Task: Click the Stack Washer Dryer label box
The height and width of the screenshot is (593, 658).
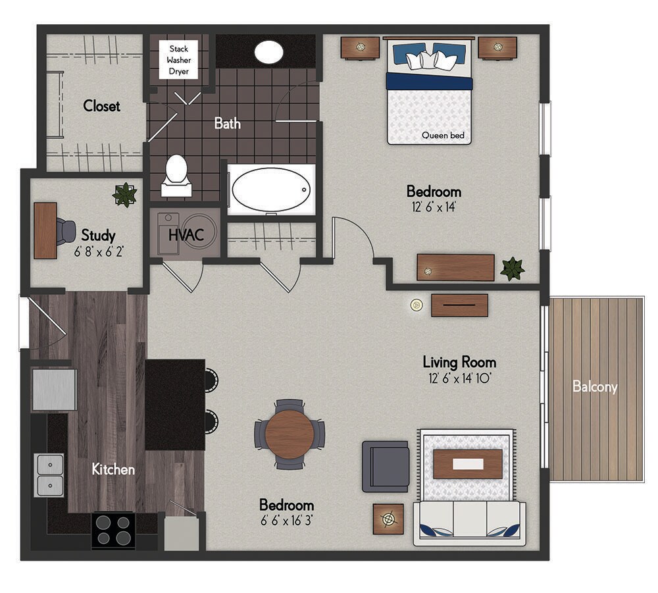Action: (x=178, y=60)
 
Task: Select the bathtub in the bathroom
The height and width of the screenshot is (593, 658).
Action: (x=270, y=189)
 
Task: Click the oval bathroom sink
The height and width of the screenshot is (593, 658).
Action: (x=268, y=52)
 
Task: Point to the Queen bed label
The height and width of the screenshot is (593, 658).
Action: (x=443, y=136)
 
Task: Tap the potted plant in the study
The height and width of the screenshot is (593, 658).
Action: (x=124, y=195)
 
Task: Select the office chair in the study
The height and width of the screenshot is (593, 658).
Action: (x=65, y=230)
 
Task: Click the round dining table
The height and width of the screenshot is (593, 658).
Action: (x=290, y=434)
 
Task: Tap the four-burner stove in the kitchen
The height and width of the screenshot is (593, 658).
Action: (x=113, y=530)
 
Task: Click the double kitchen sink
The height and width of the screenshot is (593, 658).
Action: (x=50, y=475)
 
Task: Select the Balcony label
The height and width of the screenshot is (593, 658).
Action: (x=594, y=386)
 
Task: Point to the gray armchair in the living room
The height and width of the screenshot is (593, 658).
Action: (x=386, y=466)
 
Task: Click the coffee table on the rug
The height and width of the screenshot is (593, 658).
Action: (x=467, y=464)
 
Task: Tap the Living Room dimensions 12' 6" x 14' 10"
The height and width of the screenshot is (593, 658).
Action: (x=459, y=378)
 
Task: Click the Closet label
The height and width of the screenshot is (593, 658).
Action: (x=101, y=106)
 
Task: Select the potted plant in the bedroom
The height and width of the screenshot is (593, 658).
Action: (x=512, y=269)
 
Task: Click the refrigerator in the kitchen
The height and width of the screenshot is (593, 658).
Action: (x=54, y=389)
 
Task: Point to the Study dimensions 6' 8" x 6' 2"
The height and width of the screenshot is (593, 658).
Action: (x=98, y=250)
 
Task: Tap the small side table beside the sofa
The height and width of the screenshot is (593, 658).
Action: (x=388, y=519)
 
